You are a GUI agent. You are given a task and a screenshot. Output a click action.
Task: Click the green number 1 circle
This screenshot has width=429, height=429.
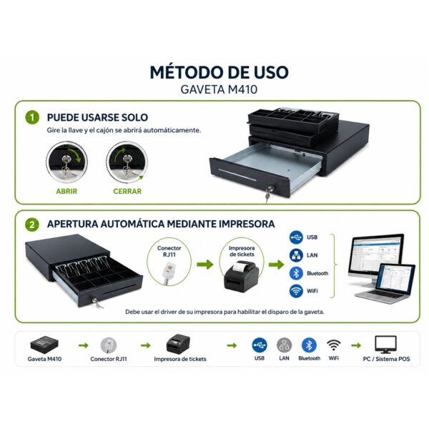32,117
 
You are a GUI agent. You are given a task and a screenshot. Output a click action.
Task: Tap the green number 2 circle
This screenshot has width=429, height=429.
32,225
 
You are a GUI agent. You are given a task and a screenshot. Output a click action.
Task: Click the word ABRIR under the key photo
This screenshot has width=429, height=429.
66,191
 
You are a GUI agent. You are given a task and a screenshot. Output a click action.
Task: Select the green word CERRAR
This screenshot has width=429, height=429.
127,191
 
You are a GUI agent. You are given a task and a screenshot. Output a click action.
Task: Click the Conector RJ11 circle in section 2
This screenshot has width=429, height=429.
169,262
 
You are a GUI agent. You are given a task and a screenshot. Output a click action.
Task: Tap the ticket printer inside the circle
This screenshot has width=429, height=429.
242,275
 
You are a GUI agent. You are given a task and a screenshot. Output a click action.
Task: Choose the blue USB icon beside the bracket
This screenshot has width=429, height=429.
296,237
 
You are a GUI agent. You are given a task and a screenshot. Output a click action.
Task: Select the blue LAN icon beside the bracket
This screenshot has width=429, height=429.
296,255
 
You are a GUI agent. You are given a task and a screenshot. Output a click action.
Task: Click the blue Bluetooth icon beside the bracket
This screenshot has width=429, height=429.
296,273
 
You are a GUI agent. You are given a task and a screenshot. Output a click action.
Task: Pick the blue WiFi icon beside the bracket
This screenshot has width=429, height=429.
296,291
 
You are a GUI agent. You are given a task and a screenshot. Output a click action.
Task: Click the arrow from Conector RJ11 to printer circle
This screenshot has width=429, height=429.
205,265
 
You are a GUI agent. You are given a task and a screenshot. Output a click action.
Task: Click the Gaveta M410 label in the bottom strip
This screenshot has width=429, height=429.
44,359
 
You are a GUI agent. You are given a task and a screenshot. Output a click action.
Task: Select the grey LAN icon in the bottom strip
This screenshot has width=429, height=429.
285,345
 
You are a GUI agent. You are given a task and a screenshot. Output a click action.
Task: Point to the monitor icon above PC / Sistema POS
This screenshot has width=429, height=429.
385,345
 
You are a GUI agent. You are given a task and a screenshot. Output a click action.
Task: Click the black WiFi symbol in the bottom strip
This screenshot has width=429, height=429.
334,345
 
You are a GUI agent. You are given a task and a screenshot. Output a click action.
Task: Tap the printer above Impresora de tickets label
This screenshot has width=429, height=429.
178,343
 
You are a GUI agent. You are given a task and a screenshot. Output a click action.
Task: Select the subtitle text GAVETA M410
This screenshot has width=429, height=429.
219,89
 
